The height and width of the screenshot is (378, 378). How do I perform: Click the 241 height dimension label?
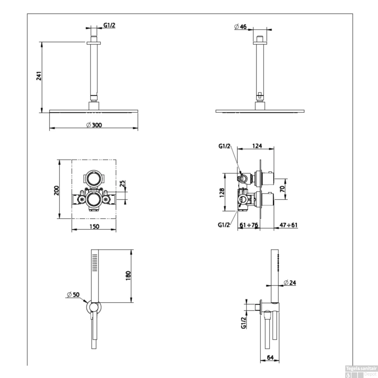[x=39, y=76]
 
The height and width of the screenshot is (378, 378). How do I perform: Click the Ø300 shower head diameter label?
[x=94, y=125]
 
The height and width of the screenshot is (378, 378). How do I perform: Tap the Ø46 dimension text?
[x=240, y=26]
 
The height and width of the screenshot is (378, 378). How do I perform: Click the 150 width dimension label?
[x=94, y=227]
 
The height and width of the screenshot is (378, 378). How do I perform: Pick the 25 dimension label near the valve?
[x=122, y=183]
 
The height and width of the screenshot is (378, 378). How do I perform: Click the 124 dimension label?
[x=257, y=146]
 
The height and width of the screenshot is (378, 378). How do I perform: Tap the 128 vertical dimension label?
[x=222, y=193]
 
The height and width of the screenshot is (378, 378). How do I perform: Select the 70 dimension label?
[x=283, y=189]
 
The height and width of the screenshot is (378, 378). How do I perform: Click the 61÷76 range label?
[x=249, y=225]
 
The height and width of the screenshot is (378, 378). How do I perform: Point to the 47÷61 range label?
[x=289, y=225]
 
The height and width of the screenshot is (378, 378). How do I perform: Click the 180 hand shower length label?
[x=128, y=276]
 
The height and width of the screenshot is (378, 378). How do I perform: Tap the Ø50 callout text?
[x=73, y=294]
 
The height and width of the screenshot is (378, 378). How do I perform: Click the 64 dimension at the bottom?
[x=270, y=357]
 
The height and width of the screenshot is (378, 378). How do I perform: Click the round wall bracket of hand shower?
[x=94, y=307]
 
